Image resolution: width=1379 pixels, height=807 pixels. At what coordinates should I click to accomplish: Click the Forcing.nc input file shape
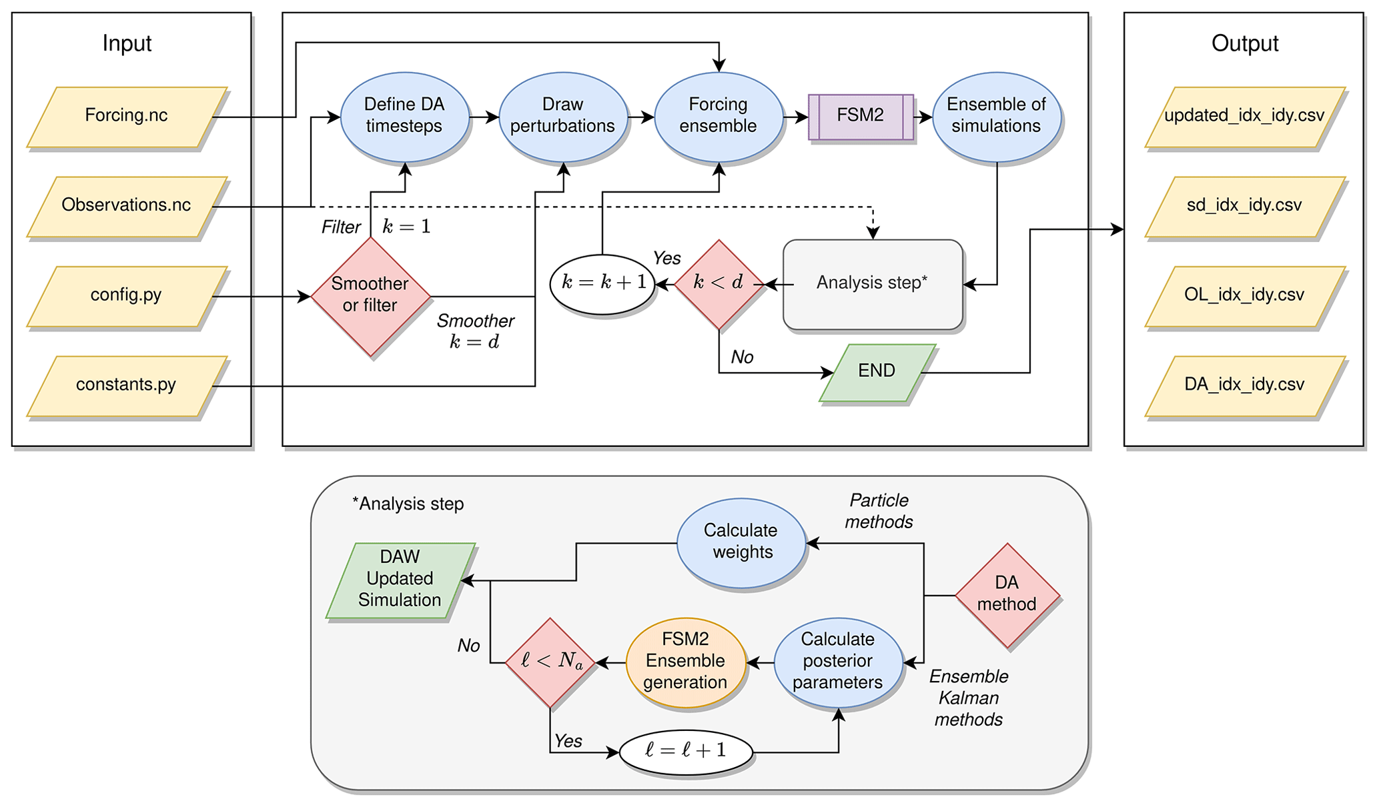click(127, 116)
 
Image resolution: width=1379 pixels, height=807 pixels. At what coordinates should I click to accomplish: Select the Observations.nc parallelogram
click(127, 205)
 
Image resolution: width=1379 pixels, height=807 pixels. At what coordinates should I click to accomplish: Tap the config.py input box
click(127, 295)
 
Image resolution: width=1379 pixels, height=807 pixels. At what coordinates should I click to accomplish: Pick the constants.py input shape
click(127, 385)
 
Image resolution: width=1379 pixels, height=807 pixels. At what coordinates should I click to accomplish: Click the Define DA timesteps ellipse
click(404, 116)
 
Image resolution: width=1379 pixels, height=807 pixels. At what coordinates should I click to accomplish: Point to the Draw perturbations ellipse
click(562, 116)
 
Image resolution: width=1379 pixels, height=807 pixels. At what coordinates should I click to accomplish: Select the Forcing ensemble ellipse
click(718, 116)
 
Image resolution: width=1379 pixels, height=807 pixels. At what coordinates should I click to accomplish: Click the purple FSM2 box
click(861, 116)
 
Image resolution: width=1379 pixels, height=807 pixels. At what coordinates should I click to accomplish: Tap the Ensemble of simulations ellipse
click(996, 116)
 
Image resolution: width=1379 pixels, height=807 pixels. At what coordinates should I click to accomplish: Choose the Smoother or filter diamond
click(370, 295)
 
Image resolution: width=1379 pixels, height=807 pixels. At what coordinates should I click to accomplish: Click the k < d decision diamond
click(719, 283)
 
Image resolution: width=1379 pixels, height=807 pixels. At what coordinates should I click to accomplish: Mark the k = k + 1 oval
click(602, 283)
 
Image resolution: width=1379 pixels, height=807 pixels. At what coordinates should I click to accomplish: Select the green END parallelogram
click(877, 371)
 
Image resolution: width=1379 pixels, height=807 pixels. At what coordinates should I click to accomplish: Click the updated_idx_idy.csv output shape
click(1244, 116)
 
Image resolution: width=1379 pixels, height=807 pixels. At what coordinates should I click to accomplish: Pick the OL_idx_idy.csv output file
click(1244, 295)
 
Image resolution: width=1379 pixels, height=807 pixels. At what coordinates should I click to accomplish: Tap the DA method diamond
click(1007, 594)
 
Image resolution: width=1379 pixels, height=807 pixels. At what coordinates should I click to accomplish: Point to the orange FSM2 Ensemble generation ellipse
click(685, 661)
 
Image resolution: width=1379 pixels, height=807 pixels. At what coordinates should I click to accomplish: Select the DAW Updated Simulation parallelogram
click(400, 580)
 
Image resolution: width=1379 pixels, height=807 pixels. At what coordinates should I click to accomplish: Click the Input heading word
click(127, 43)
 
